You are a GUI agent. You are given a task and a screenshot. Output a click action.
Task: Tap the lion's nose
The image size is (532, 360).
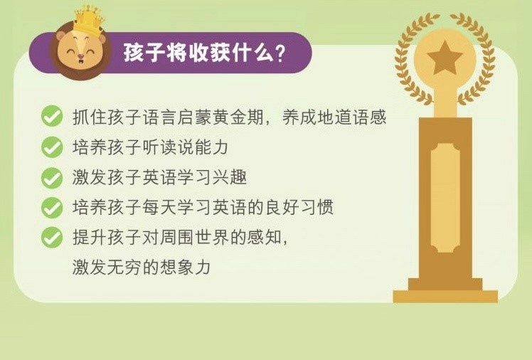tap(81, 56)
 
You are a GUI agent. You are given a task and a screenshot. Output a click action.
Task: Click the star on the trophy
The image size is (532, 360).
tap(445, 58)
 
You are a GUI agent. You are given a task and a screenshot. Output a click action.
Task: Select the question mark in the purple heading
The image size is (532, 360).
tap(280, 53)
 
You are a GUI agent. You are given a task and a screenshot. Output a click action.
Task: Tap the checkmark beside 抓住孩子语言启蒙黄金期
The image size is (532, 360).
tap(52, 116)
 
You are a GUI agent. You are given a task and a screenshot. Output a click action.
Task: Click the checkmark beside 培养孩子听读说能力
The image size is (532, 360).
tap(52, 147)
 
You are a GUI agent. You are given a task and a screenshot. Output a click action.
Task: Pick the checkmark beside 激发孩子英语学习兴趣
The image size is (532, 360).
tap(52, 177)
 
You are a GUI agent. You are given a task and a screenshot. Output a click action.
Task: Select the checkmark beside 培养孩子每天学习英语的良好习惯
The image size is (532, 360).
tap(52, 207)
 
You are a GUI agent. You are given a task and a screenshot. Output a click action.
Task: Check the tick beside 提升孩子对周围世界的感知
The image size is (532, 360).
tap(52, 237)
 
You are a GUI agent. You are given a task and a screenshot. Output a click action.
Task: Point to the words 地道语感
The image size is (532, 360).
tap(351, 117)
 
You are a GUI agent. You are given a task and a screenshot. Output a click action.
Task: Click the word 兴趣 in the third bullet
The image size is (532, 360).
tap(230, 177)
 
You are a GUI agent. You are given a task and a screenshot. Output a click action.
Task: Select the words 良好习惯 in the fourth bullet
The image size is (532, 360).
tap(299, 207)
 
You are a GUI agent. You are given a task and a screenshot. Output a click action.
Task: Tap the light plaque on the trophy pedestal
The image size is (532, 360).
tap(445, 198)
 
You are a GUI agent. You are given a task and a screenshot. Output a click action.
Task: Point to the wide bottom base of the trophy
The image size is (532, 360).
tap(445, 296)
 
